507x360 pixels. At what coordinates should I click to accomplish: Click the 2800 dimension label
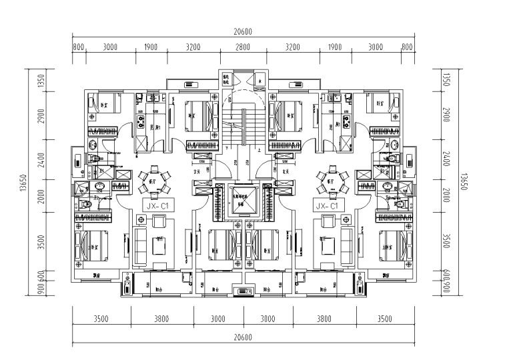click(242, 48)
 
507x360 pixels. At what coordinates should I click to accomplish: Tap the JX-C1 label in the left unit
click(159, 207)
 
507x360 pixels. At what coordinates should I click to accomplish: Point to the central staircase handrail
click(243, 127)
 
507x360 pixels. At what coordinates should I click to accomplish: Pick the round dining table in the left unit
click(153, 179)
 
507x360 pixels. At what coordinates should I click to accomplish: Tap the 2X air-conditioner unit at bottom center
click(243, 291)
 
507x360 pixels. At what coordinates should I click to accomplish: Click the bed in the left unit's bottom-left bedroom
click(89, 244)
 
